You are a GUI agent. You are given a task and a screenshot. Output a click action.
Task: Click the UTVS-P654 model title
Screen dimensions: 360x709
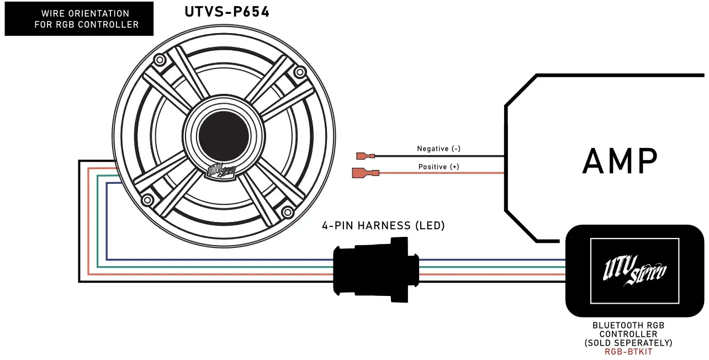point(226,12)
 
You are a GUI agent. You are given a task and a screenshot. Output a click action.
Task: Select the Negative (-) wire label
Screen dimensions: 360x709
point(438,149)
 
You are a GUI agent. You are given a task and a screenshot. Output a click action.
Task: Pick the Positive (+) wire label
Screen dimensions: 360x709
point(438,167)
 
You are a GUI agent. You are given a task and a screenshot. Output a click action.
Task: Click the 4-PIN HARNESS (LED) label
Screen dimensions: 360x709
point(383,225)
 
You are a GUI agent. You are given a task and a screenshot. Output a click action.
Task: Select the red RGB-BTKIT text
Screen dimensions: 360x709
point(628,352)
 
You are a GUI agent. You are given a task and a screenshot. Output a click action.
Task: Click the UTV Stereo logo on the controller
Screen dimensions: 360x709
point(634,271)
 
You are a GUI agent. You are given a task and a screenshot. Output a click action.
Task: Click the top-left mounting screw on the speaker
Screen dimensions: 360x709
point(160,59)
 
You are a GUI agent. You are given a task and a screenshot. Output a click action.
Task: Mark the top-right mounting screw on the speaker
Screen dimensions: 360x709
point(300,72)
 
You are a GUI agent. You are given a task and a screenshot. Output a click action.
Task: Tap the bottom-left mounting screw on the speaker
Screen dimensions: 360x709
point(147,200)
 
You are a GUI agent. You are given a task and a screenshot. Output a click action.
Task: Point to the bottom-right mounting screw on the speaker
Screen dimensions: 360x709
point(287,212)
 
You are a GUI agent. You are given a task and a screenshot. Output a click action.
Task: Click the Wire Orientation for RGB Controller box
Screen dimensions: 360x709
point(78,19)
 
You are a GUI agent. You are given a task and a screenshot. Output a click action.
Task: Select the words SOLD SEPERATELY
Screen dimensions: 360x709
point(628,343)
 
